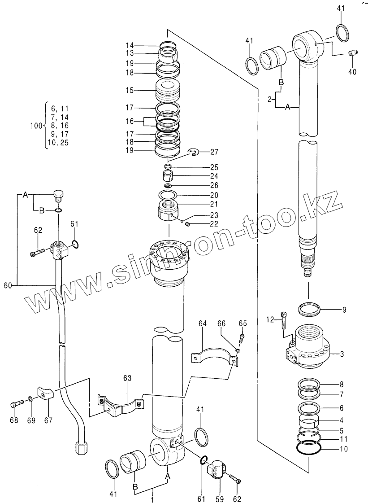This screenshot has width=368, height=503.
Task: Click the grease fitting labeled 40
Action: (x=353, y=54)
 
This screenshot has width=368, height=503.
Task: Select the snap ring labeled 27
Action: (x=193, y=154)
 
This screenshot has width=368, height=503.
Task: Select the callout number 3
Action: (x=342, y=354)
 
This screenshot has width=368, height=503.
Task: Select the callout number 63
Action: (x=127, y=378)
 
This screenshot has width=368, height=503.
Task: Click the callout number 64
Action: (x=203, y=323)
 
